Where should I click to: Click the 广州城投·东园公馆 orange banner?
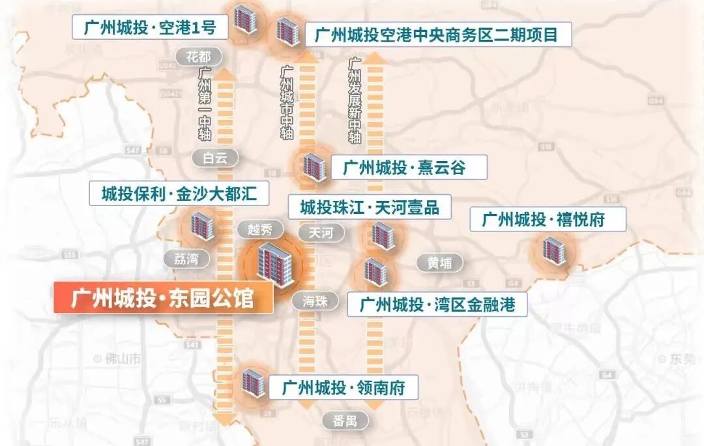[x=163, y=298]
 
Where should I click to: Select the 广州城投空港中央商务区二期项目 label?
[x=437, y=34]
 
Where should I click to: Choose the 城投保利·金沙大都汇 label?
[x=180, y=194]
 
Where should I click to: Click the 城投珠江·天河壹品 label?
[x=370, y=207]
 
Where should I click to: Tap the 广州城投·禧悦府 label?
[x=548, y=219]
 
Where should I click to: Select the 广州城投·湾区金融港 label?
[x=437, y=304]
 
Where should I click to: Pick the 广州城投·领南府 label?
[x=344, y=388]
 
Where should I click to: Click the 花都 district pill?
[x=199, y=56]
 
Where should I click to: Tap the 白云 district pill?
[x=215, y=157]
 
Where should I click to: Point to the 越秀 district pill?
[x=260, y=230]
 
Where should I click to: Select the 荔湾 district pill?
[x=186, y=258]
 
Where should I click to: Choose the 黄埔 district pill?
[x=439, y=263]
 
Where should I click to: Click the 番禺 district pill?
[x=345, y=421]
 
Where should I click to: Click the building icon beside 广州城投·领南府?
[x=253, y=383]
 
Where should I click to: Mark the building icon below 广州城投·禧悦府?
[x=554, y=251]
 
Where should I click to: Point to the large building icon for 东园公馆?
[x=274, y=264]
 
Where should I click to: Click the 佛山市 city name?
[x=121, y=358]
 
